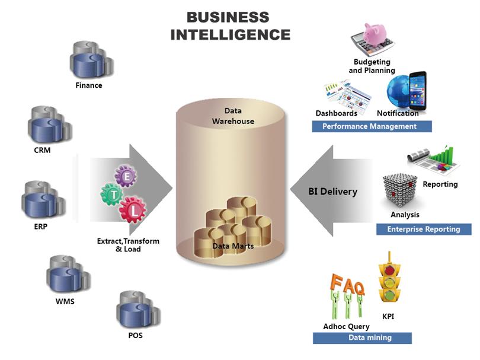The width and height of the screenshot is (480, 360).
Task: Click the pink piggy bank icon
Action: tap(375, 34)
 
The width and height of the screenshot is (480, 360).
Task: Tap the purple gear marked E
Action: tap(126, 176)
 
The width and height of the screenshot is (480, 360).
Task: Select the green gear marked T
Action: tap(113, 195)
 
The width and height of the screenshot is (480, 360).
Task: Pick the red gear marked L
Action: tap(133, 210)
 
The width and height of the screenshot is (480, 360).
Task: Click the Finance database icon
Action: tap(91, 60)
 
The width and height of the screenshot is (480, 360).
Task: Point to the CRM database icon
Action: tap(50, 125)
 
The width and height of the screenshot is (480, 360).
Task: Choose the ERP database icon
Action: tap(43, 199)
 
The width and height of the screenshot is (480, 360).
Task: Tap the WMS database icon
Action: tap(69, 274)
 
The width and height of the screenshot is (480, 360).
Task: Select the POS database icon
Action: tap(138, 310)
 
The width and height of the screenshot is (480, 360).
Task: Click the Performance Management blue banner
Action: tap(372, 126)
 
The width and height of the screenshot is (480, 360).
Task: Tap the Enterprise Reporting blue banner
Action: tap(424, 229)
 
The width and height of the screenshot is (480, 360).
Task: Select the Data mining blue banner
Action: tap(362, 338)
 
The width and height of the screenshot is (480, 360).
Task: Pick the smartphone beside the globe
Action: tap(418, 91)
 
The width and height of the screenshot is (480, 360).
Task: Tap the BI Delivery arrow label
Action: tap(333, 192)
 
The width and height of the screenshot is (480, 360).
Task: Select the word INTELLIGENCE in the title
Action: tap(230, 34)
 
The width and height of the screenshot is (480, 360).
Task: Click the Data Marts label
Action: tap(233, 246)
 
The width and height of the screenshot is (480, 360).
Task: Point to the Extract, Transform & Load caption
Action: tap(128, 245)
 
